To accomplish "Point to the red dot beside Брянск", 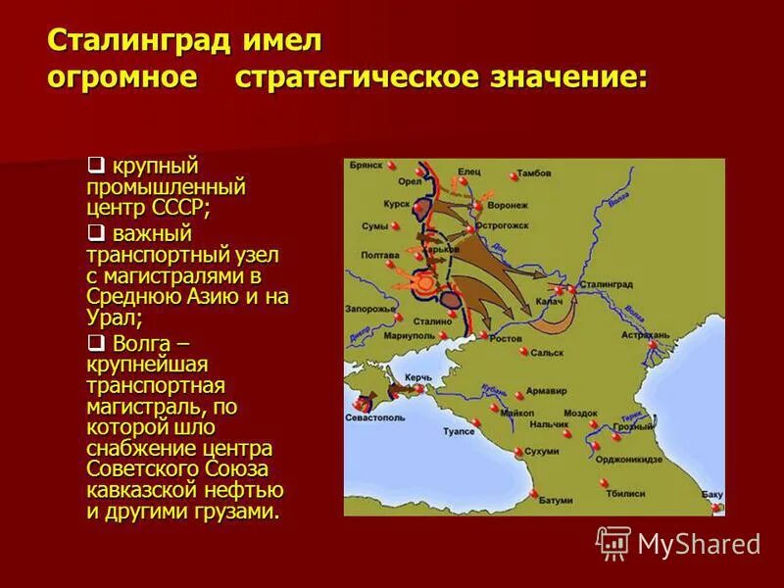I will click(391, 166).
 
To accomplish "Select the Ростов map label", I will click(506, 337).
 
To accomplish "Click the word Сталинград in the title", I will click(139, 41).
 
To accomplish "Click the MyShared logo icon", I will click(614, 542).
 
